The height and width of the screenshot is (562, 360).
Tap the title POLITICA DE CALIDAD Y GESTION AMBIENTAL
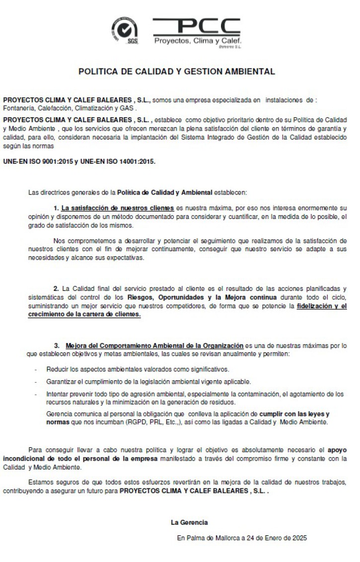coord(176,71)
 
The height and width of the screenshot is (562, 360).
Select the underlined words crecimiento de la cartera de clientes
coord(72,314)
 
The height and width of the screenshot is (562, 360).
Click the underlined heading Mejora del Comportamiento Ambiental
coord(154,345)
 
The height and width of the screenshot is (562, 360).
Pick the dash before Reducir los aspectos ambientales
coord(35,370)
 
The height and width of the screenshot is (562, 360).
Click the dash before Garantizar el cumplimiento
coord(35,382)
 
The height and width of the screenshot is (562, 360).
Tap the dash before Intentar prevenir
coord(35,394)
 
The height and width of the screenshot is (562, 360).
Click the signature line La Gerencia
coord(189,522)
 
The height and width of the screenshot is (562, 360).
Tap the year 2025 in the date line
coord(299,537)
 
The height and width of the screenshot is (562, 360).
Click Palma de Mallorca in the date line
coord(211,537)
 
